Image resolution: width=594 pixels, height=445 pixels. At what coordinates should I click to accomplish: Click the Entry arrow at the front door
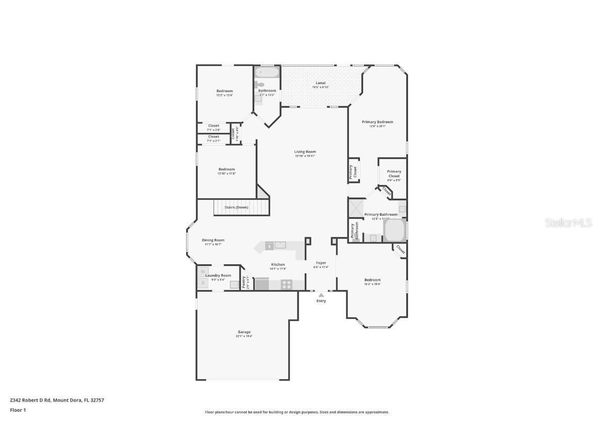click(x=321, y=295)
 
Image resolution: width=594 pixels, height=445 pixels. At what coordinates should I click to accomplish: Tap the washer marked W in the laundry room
click(x=203, y=271)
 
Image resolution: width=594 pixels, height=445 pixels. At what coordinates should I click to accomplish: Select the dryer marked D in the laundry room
click(x=203, y=282)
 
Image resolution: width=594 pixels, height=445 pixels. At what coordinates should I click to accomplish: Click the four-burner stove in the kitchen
click(x=287, y=284)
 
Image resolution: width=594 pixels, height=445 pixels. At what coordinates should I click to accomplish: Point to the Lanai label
click(x=320, y=83)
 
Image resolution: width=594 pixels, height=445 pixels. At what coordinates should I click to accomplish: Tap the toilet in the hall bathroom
click(x=260, y=84)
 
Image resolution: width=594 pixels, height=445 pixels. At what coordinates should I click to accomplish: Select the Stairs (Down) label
click(x=237, y=207)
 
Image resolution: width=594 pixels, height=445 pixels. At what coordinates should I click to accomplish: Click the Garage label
click(x=244, y=332)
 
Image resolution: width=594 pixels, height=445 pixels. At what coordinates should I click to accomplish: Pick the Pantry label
click(x=244, y=282)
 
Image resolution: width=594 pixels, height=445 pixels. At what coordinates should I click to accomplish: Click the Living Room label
click(x=305, y=151)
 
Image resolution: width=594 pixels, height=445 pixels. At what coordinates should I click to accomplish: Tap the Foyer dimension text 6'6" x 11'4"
click(x=321, y=267)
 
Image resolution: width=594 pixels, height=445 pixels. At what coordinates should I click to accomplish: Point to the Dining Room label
click(x=213, y=240)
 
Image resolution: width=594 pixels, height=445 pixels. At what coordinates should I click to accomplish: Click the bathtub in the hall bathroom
click(x=267, y=73)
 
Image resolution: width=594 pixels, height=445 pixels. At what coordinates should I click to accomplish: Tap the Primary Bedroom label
click(x=377, y=122)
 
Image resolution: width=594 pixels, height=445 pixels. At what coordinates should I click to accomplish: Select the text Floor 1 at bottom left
click(x=18, y=410)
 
